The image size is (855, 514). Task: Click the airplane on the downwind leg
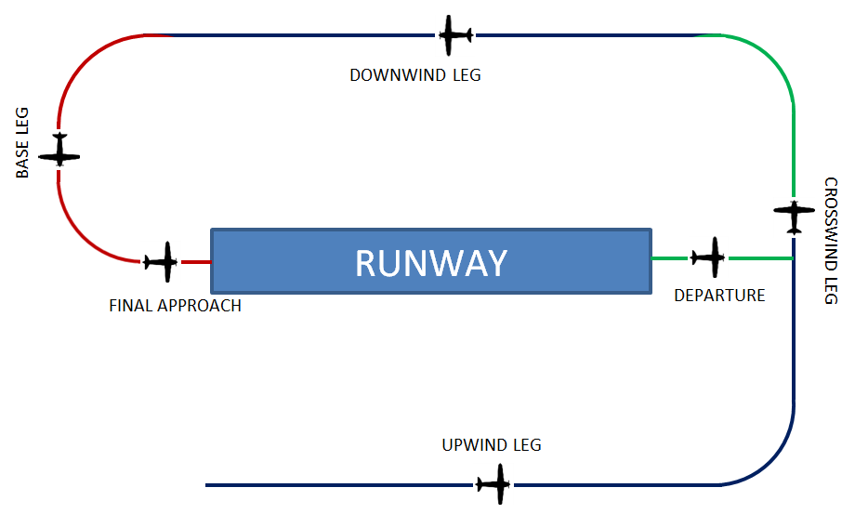454,35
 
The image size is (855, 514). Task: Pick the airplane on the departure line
710,257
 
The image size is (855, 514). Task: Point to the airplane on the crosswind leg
794,216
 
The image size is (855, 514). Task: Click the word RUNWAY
431,263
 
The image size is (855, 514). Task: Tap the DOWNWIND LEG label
415,75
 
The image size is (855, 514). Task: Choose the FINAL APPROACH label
175,305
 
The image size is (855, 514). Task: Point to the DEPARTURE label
719,296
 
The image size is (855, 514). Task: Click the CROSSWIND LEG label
831,240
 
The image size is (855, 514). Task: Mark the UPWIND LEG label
492,445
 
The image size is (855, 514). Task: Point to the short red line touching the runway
196,262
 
